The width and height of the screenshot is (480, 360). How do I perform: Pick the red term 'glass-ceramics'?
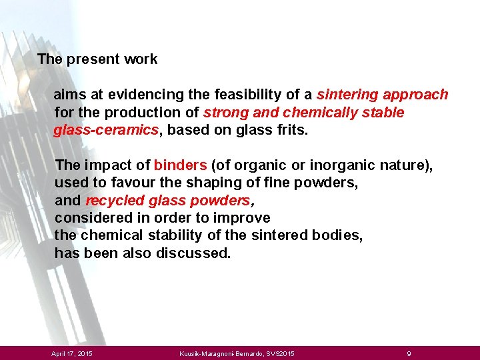tap(107, 129)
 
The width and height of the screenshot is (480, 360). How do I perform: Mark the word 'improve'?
tap(245, 218)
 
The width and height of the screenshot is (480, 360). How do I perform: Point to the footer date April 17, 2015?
tap(72, 353)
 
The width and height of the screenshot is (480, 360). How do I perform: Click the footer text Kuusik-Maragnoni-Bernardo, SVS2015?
tap(237, 353)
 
